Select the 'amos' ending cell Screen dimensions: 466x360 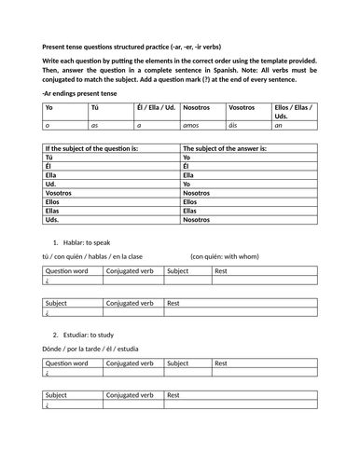pos(193,123)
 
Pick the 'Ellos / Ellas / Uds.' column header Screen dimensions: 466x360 pos(294,110)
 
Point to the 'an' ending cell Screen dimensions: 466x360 pos(280,123)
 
